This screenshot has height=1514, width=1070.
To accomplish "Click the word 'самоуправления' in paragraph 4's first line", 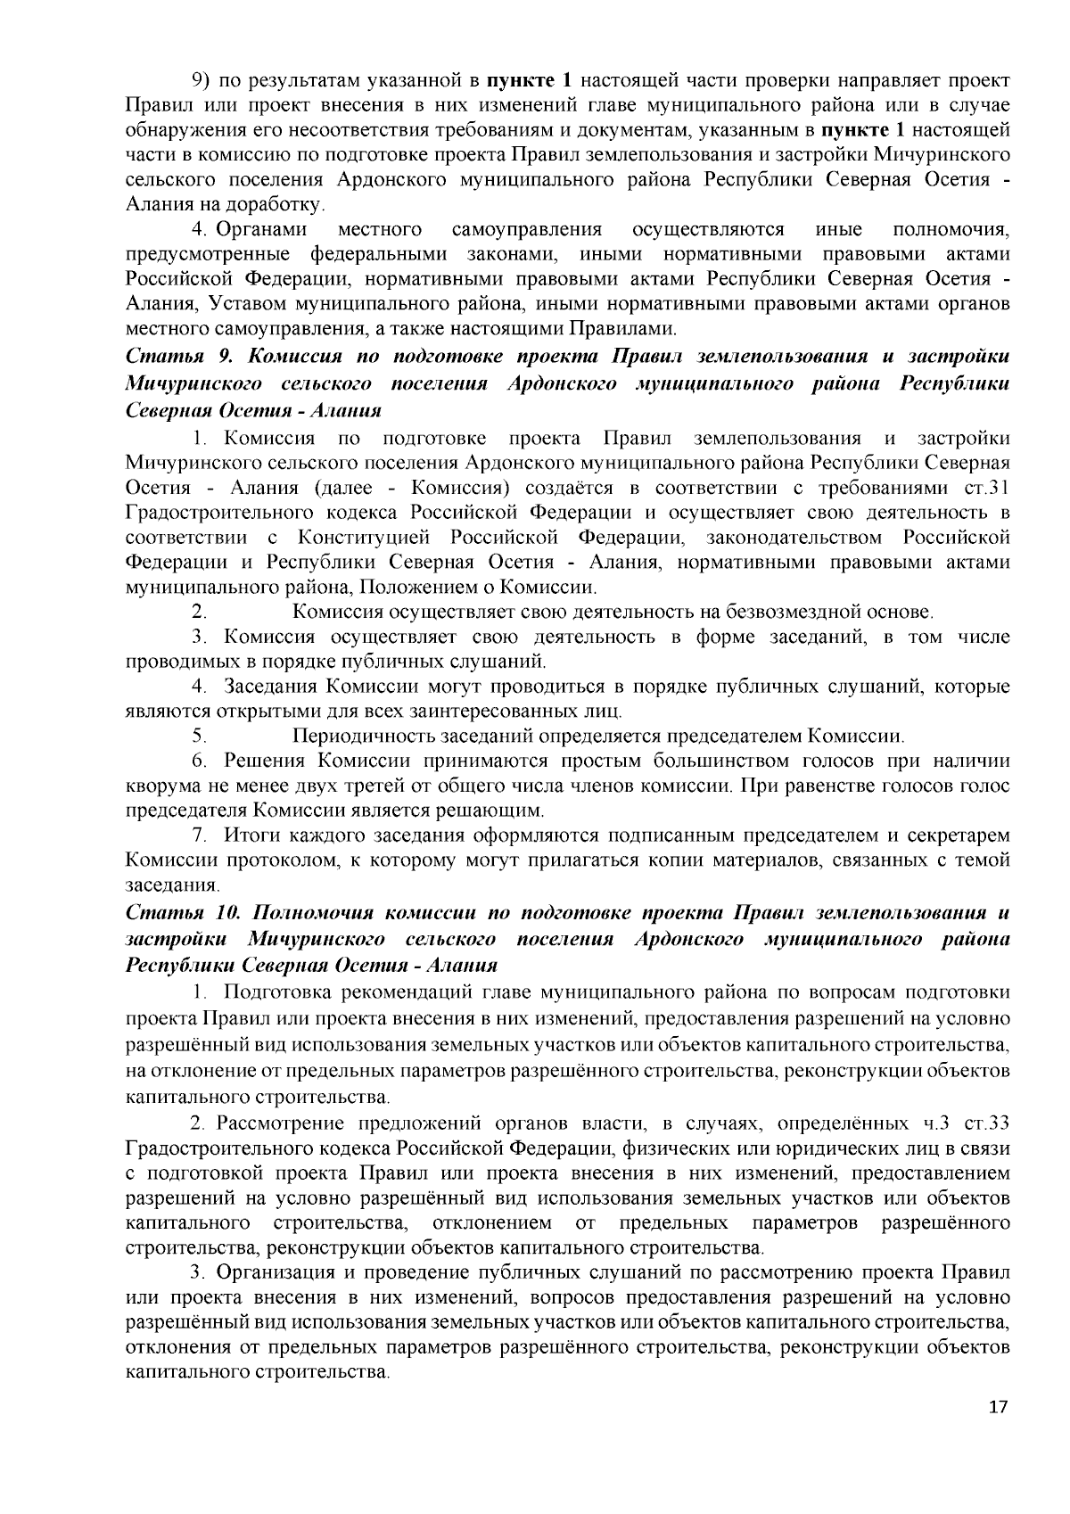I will coord(526,230).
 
